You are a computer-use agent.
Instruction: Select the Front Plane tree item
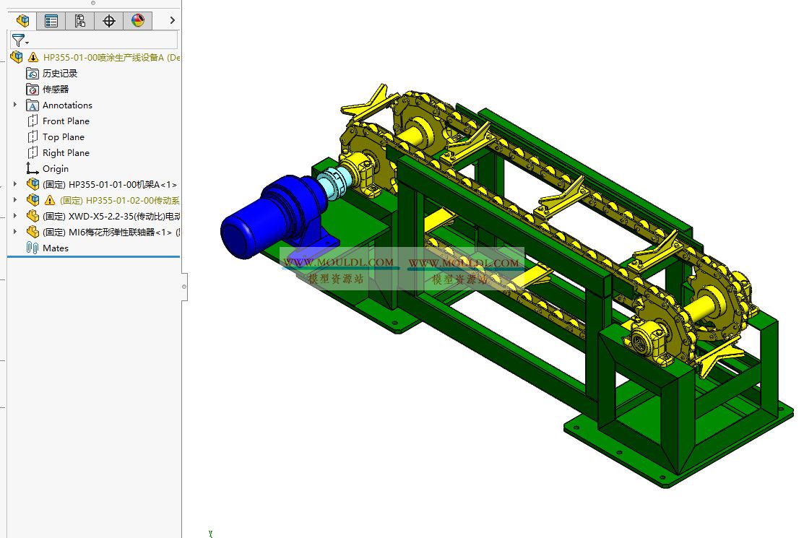pyautogui.click(x=66, y=121)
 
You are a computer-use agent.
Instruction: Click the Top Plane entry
pyautogui.click(x=63, y=137)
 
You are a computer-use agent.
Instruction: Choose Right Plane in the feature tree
pyautogui.click(x=66, y=153)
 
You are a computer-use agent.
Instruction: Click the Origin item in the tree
pyautogui.click(x=55, y=169)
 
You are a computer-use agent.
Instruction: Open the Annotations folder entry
pyautogui.click(x=66, y=105)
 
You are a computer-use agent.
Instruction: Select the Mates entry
pyautogui.click(x=55, y=248)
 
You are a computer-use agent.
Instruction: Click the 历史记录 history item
pyautogui.click(x=59, y=74)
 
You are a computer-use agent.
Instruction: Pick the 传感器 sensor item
pyautogui.click(x=55, y=90)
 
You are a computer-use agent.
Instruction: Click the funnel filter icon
pyautogui.click(x=19, y=40)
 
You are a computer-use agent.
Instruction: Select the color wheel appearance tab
pyautogui.click(x=138, y=21)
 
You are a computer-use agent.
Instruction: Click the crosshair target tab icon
pyautogui.click(x=109, y=21)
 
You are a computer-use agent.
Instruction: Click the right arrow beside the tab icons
pyautogui.click(x=172, y=21)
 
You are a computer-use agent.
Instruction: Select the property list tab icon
pyautogui.click(x=51, y=21)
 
